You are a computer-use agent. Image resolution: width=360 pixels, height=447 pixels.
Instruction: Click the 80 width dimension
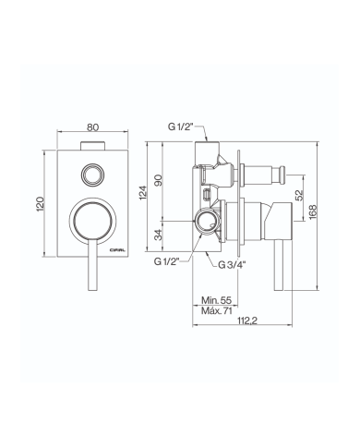tap(92, 127)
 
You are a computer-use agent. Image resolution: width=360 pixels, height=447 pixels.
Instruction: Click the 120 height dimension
tap(41, 204)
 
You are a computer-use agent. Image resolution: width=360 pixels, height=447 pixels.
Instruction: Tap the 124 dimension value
tap(143, 193)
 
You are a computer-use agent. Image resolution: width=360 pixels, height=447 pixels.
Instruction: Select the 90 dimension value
tap(158, 180)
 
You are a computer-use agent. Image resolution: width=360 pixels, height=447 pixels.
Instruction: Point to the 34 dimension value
tap(158, 236)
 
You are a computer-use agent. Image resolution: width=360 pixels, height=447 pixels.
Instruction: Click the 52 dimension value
tap(299, 195)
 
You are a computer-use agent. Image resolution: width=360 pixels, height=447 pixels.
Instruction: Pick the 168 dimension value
tap(313, 212)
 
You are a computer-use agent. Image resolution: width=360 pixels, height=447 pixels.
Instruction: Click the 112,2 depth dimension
tap(247, 320)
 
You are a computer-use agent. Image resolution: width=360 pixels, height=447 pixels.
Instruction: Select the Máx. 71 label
tap(217, 310)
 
